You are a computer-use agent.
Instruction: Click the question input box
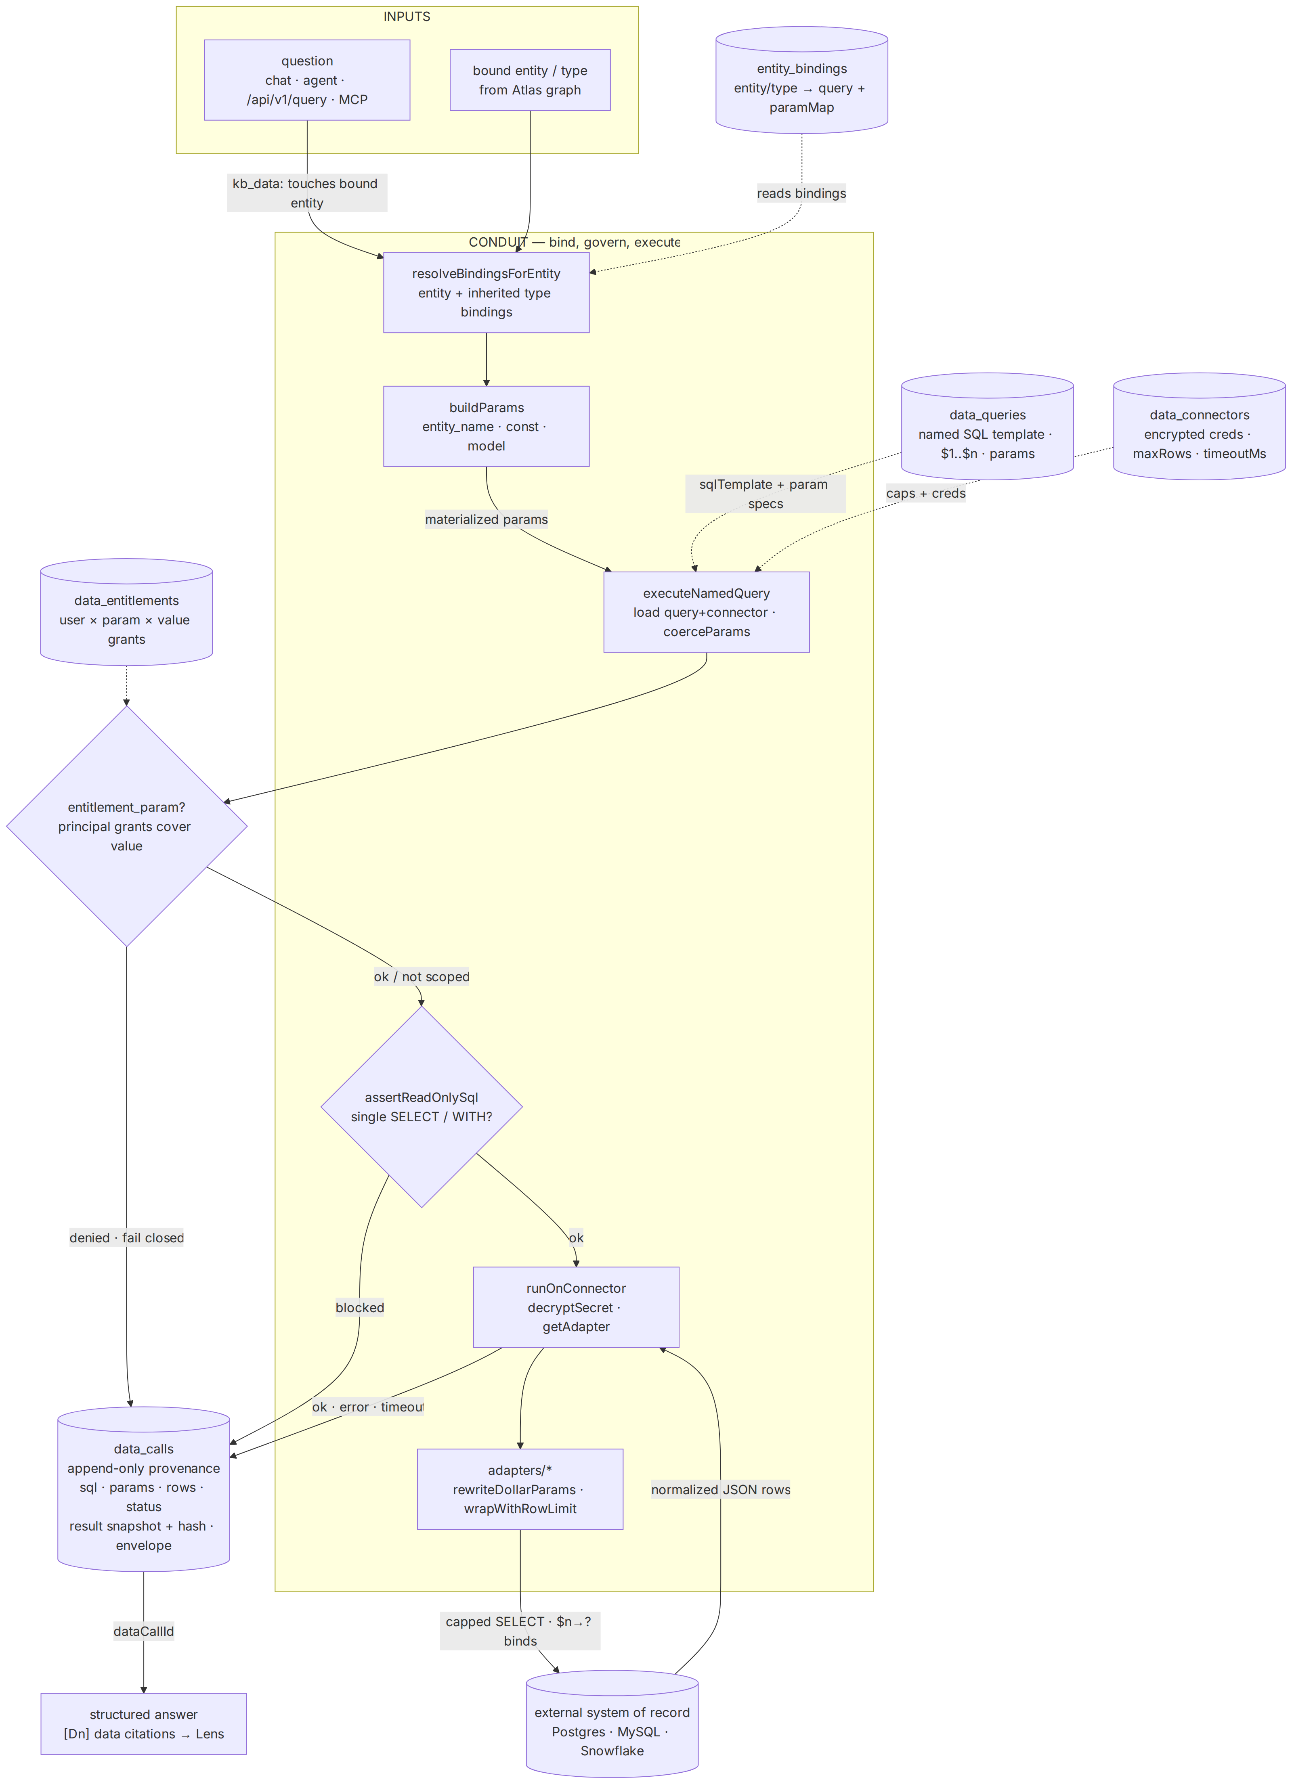[x=307, y=80]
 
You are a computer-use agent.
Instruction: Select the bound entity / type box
[x=530, y=80]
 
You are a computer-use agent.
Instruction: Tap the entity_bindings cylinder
[x=802, y=80]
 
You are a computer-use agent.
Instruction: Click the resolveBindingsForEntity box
[x=486, y=293]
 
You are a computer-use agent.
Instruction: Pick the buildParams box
[x=486, y=426]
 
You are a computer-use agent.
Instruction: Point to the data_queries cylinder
[x=988, y=426]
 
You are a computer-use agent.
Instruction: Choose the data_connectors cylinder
[x=1199, y=426]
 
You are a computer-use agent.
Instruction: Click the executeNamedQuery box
[x=707, y=612]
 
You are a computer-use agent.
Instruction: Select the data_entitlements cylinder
[x=127, y=612]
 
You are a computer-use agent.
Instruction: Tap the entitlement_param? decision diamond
[x=127, y=826]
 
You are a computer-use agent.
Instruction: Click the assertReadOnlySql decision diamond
[x=422, y=1107]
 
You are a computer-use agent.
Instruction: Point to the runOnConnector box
[x=576, y=1307]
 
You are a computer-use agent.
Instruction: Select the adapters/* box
[x=520, y=1489]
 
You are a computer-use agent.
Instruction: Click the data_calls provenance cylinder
[x=144, y=1489]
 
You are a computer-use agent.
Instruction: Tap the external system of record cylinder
[x=612, y=1731]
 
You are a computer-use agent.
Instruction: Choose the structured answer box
[x=144, y=1723]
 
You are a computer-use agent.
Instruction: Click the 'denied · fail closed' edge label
[x=127, y=1238]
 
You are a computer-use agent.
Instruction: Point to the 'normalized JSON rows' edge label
[x=721, y=1489]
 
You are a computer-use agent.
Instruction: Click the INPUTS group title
[x=407, y=17]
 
